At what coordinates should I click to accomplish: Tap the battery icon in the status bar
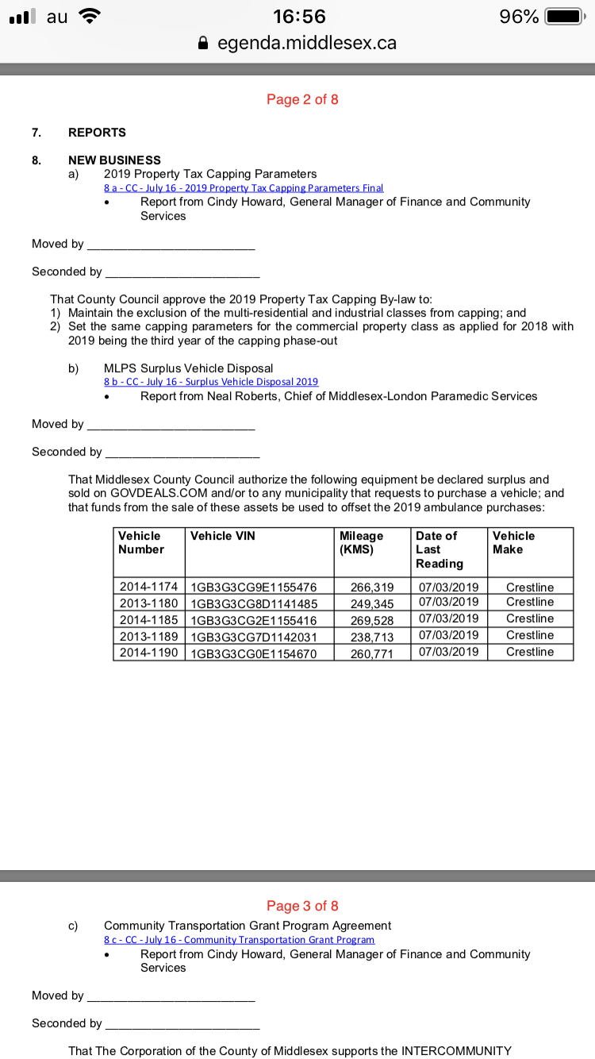coord(564,17)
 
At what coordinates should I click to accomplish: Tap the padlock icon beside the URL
coord(205,43)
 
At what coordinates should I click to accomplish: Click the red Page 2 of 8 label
coord(302,99)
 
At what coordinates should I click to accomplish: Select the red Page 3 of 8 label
coord(302,906)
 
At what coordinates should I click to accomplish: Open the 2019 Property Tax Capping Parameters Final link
coord(244,188)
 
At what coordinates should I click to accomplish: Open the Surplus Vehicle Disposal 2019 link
coord(211,382)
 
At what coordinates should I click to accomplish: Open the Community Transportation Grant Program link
coord(239,940)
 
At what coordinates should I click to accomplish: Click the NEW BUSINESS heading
coord(114,160)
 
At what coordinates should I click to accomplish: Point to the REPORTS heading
coord(97,132)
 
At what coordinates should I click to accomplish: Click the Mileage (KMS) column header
coord(361,542)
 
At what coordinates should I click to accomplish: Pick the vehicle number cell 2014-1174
coord(148,587)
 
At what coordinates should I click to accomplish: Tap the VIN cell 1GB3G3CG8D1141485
coord(254,603)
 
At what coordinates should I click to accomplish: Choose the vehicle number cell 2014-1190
coord(148,652)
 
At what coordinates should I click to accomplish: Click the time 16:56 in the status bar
coord(298,17)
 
